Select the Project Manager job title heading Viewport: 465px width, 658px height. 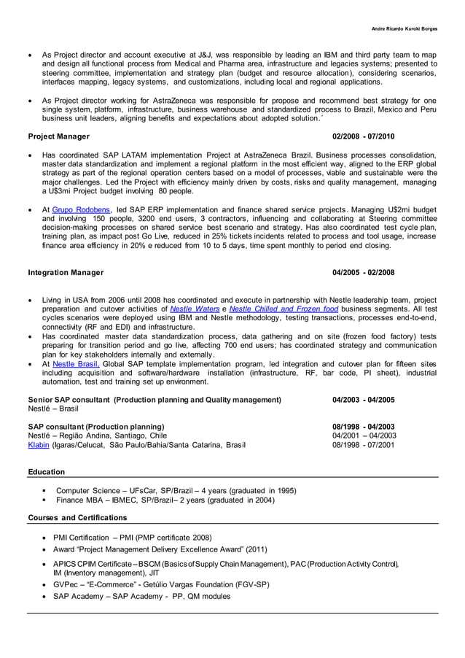coord(59,136)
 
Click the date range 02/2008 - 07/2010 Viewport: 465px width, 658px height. coord(363,136)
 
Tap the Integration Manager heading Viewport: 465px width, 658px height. coord(66,273)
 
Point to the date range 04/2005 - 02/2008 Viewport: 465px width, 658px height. coord(363,273)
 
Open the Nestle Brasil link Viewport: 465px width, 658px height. coord(76,363)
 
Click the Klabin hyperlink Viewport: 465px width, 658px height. coord(39,444)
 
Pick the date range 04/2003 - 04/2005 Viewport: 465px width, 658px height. coord(363,400)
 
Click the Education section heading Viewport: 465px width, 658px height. coord(46,472)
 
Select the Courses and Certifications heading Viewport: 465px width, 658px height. coord(77,517)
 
